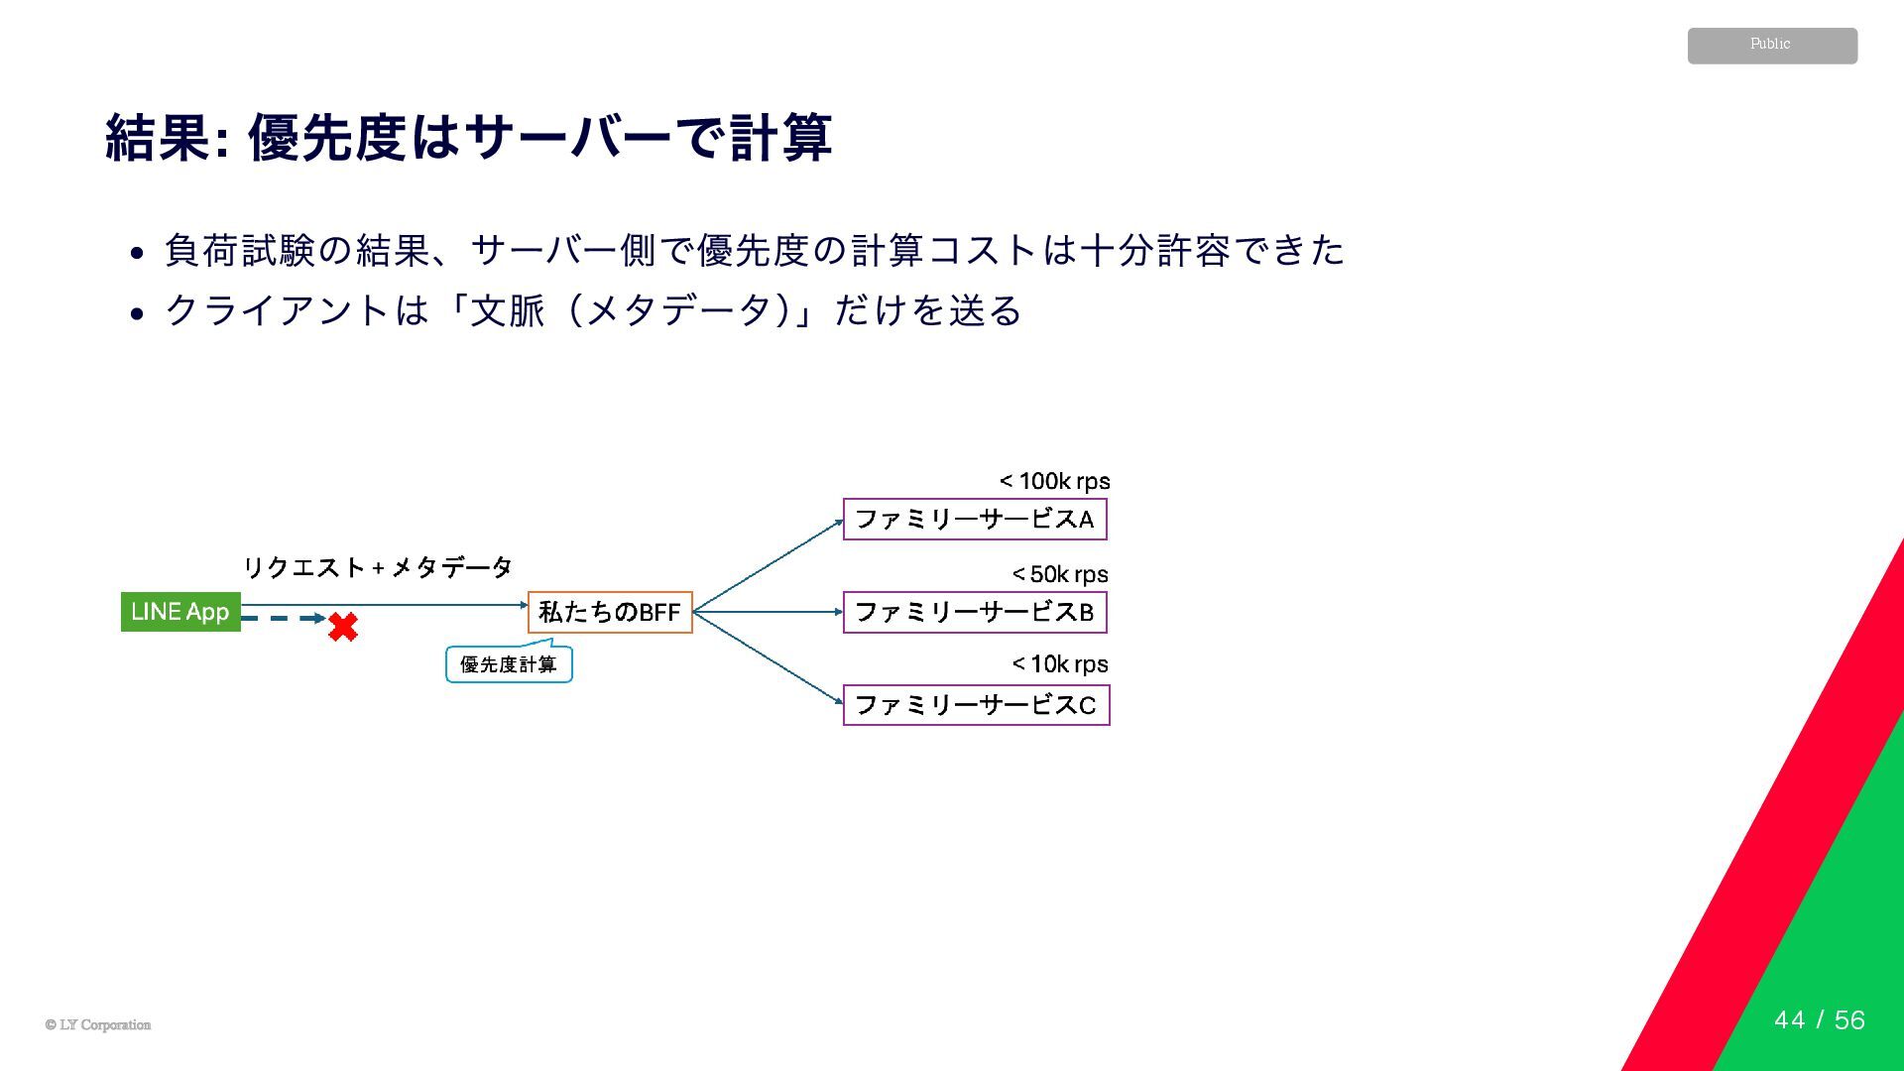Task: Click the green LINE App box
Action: (180, 611)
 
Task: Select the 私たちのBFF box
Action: (610, 612)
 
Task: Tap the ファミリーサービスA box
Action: (975, 520)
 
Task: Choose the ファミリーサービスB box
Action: (975, 612)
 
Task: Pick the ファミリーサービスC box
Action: (976, 705)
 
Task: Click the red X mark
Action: (343, 627)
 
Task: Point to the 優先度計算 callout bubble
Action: (509, 664)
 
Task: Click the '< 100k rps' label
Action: (1054, 482)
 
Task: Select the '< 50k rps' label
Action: (1060, 574)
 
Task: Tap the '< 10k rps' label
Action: (1060, 663)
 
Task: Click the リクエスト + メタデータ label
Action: (378, 567)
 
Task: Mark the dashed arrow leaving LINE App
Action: (282, 619)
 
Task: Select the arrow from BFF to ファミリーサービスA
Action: (768, 566)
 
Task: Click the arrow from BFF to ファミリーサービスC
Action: (768, 658)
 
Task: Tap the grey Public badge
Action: (1772, 46)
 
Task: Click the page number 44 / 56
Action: (1819, 1019)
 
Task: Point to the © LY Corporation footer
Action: (98, 1024)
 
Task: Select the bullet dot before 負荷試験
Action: (139, 253)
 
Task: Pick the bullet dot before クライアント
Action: (139, 314)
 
